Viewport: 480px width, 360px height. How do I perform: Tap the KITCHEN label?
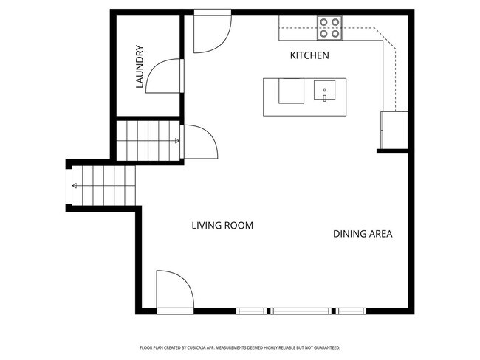[309, 56]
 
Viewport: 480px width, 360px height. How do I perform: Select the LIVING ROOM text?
[222, 226]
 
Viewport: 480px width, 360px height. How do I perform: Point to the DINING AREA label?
[362, 234]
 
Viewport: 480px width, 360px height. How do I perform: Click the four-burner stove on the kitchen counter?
[330, 28]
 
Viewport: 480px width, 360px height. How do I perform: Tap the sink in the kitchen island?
[324, 91]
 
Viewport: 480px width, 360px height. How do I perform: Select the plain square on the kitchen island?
[290, 91]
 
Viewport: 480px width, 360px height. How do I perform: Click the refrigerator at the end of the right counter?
[394, 130]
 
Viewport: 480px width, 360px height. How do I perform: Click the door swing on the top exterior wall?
[213, 33]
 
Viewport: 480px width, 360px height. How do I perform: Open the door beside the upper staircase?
[197, 141]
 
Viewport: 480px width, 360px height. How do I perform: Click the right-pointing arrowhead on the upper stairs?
[176, 140]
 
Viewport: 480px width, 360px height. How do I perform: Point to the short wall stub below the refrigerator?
[392, 150]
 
